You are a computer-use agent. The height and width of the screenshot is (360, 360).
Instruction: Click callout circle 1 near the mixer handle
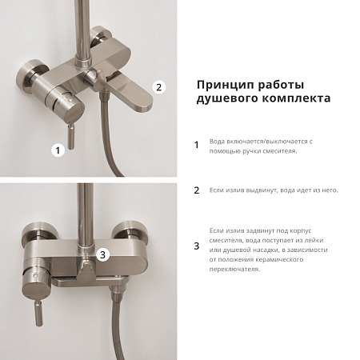(x=57, y=149)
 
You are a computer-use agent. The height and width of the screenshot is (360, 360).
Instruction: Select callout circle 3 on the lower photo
(x=102, y=255)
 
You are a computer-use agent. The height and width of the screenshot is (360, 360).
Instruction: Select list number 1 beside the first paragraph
(x=197, y=146)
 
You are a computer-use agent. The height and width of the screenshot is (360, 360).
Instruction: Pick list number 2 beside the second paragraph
(x=197, y=190)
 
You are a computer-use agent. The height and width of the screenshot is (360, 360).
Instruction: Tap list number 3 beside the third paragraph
(x=197, y=246)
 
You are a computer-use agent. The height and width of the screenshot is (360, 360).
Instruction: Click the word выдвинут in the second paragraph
(x=270, y=190)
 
